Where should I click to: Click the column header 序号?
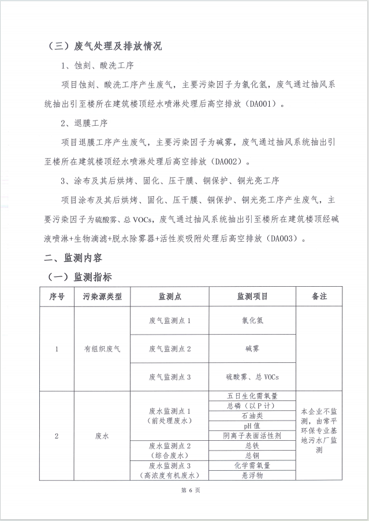[57, 297]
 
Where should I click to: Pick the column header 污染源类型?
[102, 297]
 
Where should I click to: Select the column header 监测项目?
[252, 297]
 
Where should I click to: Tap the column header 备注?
[319, 297]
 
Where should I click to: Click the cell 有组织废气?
[102, 348]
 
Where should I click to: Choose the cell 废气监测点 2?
[169, 348]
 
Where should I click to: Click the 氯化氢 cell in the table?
[252, 320]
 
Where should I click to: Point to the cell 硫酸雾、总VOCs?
[252, 377]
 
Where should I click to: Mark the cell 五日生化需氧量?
[252, 396]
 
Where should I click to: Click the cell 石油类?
[252, 415]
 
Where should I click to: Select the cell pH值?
[252, 426]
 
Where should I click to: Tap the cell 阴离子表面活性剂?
[252, 436]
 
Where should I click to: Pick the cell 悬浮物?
[252, 475]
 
